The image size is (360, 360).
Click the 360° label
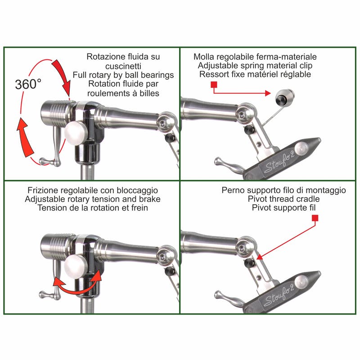pyautogui.click(x=28, y=84)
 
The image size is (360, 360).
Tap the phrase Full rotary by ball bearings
pyautogui.click(x=123, y=75)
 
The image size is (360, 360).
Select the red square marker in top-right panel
pyautogui.click(x=214, y=84)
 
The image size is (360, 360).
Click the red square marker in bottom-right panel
pyautogui.click(x=315, y=218)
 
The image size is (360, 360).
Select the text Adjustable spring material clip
pyautogui.click(x=255, y=66)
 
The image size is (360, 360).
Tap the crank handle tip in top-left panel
pyautogui.click(x=42, y=161)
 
